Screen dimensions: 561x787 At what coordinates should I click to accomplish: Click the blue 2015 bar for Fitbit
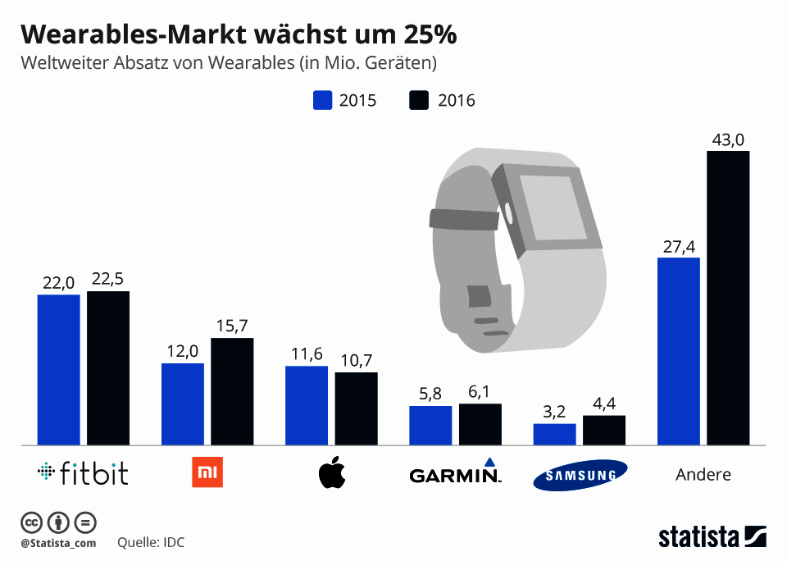(x=58, y=370)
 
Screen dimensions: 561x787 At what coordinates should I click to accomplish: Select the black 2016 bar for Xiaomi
(x=232, y=392)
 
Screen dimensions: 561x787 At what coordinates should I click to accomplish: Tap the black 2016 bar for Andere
(x=728, y=298)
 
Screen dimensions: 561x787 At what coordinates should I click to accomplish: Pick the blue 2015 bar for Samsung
(x=554, y=435)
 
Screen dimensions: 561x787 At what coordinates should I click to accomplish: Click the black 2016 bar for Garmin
(x=480, y=425)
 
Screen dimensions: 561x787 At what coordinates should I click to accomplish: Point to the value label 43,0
(x=728, y=141)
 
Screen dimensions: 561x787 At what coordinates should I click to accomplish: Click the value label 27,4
(x=679, y=248)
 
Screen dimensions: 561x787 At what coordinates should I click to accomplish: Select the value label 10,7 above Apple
(x=356, y=362)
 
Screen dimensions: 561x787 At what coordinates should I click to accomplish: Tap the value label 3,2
(x=554, y=413)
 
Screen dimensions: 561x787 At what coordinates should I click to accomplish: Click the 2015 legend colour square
(x=322, y=101)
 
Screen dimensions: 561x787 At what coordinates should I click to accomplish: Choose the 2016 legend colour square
(x=419, y=101)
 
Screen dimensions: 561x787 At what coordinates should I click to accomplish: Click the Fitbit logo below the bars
(x=83, y=473)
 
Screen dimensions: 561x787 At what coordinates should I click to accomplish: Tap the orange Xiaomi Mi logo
(x=207, y=473)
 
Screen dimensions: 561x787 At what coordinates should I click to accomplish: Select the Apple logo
(x=332, y=473)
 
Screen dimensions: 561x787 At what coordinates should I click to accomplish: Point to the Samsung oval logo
(x=580, y=475)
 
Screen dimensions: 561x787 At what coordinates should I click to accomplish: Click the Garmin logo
(x=455, y=473)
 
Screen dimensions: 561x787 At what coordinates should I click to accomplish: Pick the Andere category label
(x=703, y=474)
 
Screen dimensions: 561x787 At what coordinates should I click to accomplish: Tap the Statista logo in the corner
(x=712, y=537)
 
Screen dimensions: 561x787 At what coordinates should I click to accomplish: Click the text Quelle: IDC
(x=152, y=543)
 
